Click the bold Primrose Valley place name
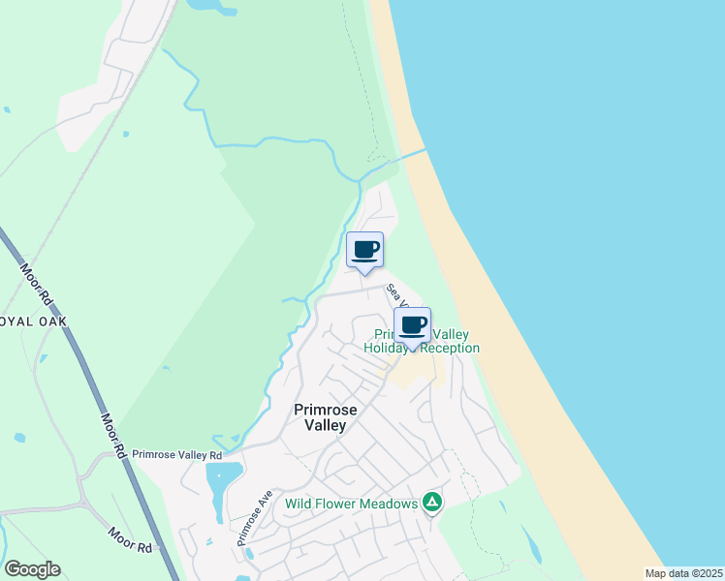point(326,417)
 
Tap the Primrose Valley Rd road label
point(177,454)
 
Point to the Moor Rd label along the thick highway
point(111,436)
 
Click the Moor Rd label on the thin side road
point(130,540)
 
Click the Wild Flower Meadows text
point(351,504)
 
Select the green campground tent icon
point(432,503)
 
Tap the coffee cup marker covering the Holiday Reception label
point(413,326)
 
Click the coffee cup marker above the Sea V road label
point(365,251)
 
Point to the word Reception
point(448,349)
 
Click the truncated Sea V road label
point(393,291)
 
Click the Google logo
point(32,569)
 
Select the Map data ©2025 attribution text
point(683,573)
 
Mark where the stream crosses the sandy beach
point(415,154)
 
